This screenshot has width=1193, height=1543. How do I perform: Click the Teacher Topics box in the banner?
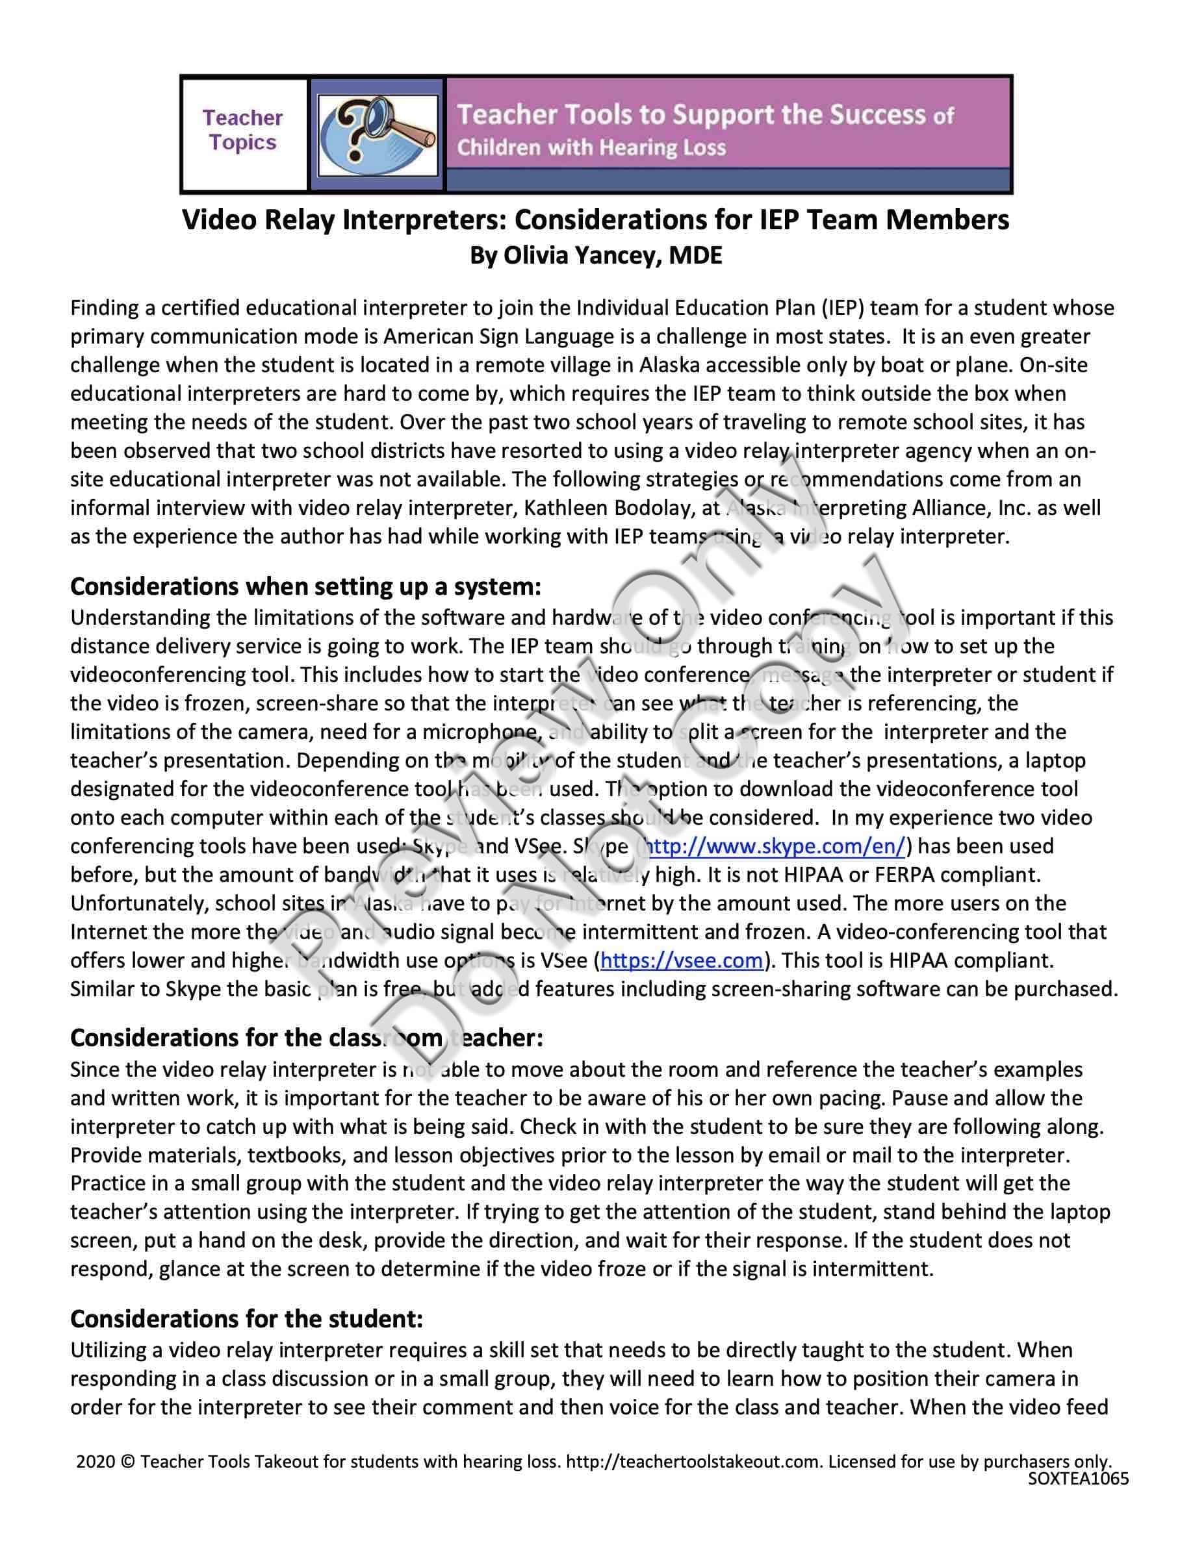click(x=242, y=131)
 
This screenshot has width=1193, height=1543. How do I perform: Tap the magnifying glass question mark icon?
click(x=378, y=134)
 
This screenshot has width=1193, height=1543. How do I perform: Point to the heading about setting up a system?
click(x=305, y=586)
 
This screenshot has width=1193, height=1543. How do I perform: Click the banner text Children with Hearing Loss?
click(x=591, y=148)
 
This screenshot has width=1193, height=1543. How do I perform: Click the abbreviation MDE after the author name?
click(x=695, y=255)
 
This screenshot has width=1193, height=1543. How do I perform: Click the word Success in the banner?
click(x=877, y=115)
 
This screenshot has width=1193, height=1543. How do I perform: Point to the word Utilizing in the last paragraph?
click(x=110, y=1350)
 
